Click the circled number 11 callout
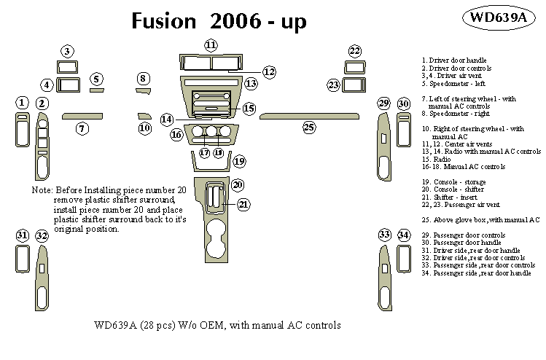(x=211, y=45)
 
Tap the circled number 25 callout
(x=309, y=128)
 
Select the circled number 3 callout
(x=67, y=51)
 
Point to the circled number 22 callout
(x=354, y=50)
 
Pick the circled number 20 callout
(x=237, y=184)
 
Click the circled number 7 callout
(x=82, y=129)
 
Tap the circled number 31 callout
(x=23, y=235)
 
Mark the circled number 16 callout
(x=176, y=134)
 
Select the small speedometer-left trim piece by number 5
(x=96, y=91)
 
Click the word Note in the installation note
(x=42, y=189)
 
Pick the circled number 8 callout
(x=143, y=78)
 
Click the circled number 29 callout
(x=383, y=104)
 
